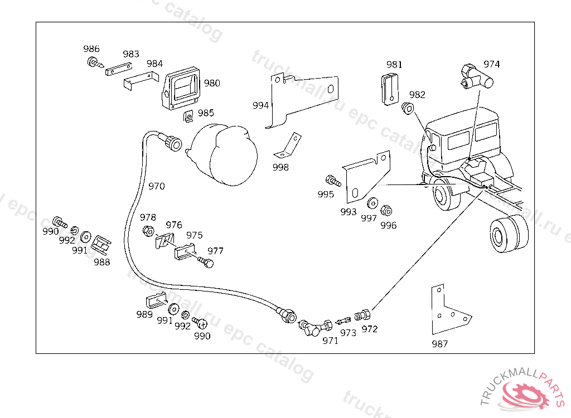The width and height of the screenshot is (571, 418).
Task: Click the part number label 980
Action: coord(212,83)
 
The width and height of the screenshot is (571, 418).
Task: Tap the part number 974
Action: coord(491,64)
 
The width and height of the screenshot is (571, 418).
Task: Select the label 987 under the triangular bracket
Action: coord(439,344)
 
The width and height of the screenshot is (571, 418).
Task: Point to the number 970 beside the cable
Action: coord(157,186)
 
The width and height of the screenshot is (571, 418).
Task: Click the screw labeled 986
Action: coord(94,62)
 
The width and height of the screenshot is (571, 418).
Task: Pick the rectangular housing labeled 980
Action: coord(182,89)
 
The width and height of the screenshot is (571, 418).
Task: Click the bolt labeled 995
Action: coord(332,181)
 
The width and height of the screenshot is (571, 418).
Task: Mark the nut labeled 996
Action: coord(385,211)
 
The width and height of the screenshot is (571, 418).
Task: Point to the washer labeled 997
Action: coord(372,202)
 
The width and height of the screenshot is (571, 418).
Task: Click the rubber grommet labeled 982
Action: coord(408,108)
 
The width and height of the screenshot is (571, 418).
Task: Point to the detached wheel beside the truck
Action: coord(509,232)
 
